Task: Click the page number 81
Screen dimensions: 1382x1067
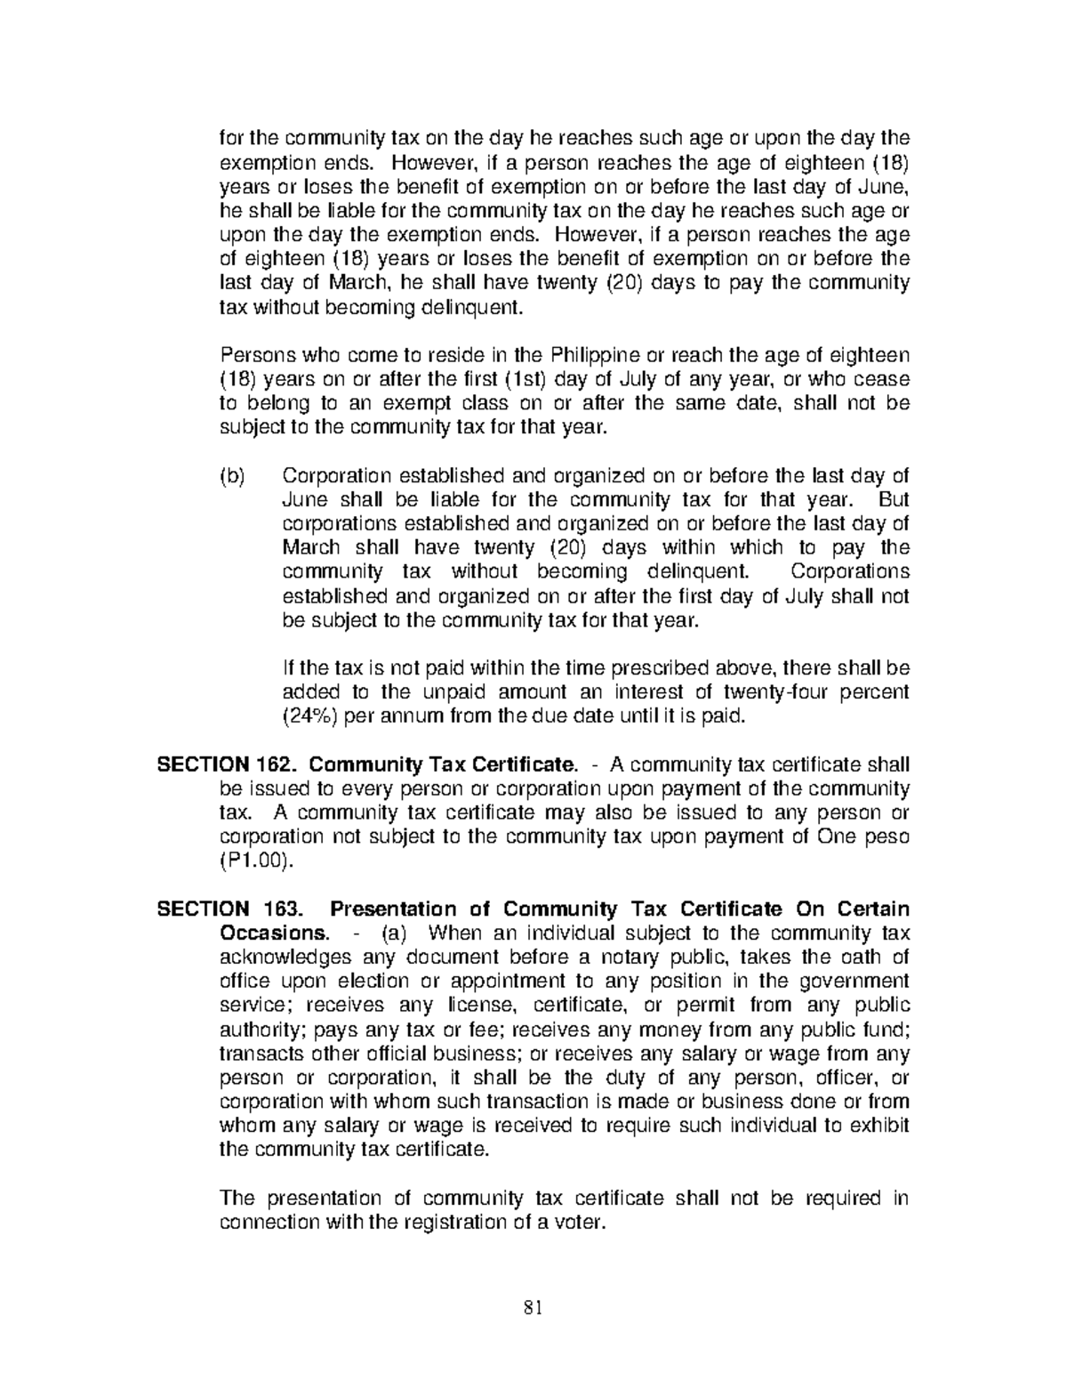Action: point(533,1307)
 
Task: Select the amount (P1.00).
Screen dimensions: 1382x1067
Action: point(255,861)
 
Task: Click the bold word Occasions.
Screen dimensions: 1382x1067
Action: point(273,933)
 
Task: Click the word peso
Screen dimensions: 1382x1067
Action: point(885,836)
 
